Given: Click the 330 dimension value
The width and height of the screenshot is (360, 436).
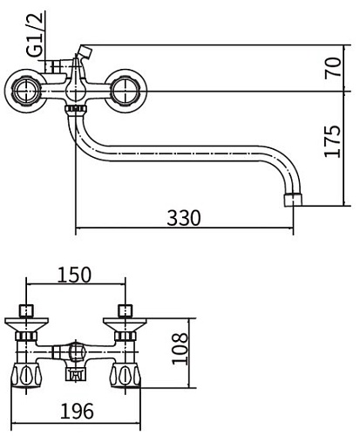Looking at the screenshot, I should pos(183,218).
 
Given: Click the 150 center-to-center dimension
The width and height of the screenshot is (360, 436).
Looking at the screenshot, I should pos(74,275).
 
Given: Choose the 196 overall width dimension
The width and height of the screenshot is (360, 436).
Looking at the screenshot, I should pos(78,410).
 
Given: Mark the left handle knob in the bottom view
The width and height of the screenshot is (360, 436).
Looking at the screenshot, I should pos(27,377).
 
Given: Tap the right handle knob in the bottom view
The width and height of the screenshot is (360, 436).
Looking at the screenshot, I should pos(125,377).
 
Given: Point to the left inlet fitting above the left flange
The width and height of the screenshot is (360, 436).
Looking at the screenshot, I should pos(27,310).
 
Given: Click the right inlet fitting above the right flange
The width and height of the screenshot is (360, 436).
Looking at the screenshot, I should pos(125,310).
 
